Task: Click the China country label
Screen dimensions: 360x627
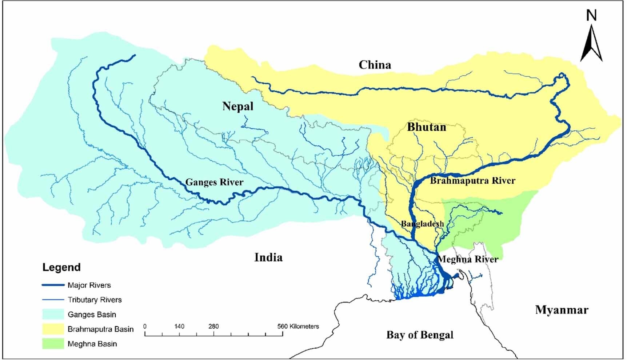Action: pos(375,65)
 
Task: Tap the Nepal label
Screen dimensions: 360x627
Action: pos(238,107)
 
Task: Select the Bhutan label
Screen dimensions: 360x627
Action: pos(427,127)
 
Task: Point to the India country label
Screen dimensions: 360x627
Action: pos(268,257)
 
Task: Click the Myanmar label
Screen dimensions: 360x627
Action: pos(562,310)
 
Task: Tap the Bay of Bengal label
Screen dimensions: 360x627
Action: pos(420,335)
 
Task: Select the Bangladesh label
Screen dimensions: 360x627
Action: pos(422,224)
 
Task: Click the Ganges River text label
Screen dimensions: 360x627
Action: pos(214,182)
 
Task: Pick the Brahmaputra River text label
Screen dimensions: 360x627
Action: pos(472,180)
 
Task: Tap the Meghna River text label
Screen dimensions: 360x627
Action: pos(468,259)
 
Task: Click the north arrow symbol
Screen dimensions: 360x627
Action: pos(591,44)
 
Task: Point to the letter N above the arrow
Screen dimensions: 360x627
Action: pos(592,15)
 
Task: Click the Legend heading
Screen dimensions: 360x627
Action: pos(61,267)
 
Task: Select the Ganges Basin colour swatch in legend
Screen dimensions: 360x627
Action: pos(53,315)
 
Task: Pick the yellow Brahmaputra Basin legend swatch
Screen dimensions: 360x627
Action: pos(53,329)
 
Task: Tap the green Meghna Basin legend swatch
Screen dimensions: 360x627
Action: pos(53,344)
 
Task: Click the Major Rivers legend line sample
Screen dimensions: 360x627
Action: pos(53,285)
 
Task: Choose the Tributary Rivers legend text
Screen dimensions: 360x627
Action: pos(95,300)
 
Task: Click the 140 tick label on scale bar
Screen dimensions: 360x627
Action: pos(179,327)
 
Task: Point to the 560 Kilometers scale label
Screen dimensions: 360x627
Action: pos(298,327)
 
